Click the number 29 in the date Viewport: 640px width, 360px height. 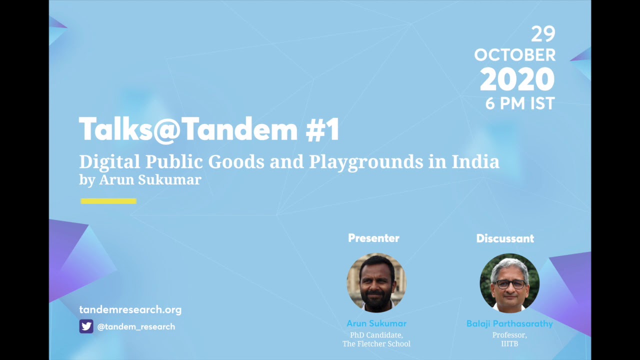tap(543, 34)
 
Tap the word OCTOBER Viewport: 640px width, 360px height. tap(514, 55)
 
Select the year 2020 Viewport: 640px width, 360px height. tap(517, 79)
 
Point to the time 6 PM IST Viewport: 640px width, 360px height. tap(520, 103)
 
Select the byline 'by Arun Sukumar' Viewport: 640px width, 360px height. tap(140, 179)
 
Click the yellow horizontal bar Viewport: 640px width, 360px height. tap(108, 201)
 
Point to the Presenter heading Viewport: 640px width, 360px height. tap(373, 238)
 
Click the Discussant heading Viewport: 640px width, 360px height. tap(505, 238)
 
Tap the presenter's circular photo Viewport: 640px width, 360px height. tap(376, 282)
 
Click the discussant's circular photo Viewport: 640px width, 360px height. tap(509, 283)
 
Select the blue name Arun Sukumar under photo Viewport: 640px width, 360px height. tap(376, 323)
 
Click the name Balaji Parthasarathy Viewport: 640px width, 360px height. tap(509, 323)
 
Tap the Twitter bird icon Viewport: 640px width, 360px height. tap(86, 326)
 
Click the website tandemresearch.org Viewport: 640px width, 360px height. tap(130, 310)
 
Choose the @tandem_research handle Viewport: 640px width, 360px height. tap(136, 326)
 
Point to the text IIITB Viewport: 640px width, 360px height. tap(509, 343)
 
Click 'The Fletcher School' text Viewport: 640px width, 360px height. tap(376, 343)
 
